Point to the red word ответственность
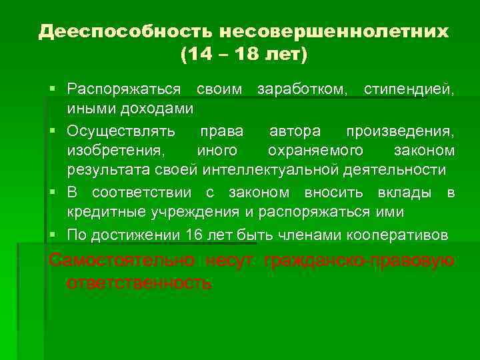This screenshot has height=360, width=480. (139, 282)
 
